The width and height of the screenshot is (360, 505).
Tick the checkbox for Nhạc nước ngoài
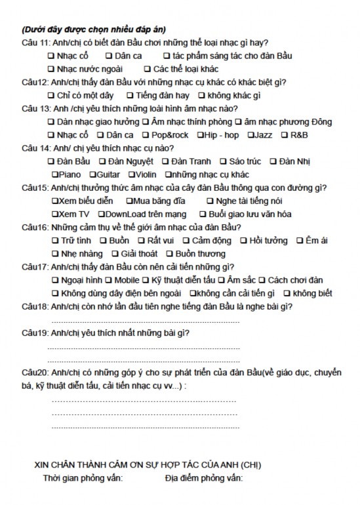click(51, 69)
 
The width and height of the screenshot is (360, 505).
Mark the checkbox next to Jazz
click(251, 135)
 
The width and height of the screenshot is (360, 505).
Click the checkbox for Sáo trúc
click(223, 161)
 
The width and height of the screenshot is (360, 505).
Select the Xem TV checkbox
click(54, 214)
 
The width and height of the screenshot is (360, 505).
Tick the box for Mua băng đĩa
click(129, 201)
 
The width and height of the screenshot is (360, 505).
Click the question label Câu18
click(34, 307)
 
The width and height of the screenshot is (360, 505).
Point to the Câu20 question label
click(34, 373)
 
